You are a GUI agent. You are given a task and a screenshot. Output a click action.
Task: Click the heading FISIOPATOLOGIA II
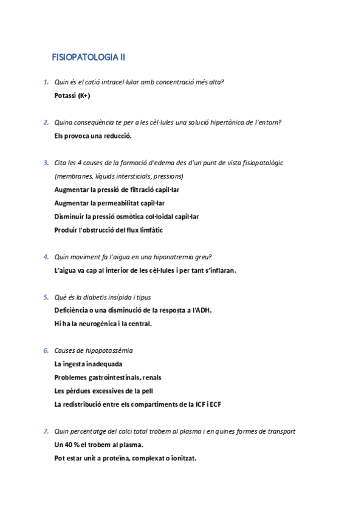point(89,58)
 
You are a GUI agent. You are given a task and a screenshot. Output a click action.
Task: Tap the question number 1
point(46,82)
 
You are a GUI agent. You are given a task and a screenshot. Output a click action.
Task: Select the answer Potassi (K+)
point(72,95)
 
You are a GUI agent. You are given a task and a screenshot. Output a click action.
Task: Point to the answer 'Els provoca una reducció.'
point(93,135)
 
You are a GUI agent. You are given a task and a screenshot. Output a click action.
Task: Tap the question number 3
point(46,163)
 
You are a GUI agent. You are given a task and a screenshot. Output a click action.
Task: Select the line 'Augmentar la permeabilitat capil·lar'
point(109,203)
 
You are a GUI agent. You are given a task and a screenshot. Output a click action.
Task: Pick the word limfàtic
point(149,230)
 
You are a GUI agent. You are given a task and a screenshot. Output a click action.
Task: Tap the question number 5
point(46,297)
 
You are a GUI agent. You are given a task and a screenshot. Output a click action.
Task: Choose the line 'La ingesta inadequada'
point(88,364)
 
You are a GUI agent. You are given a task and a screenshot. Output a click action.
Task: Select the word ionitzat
point(180,458)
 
